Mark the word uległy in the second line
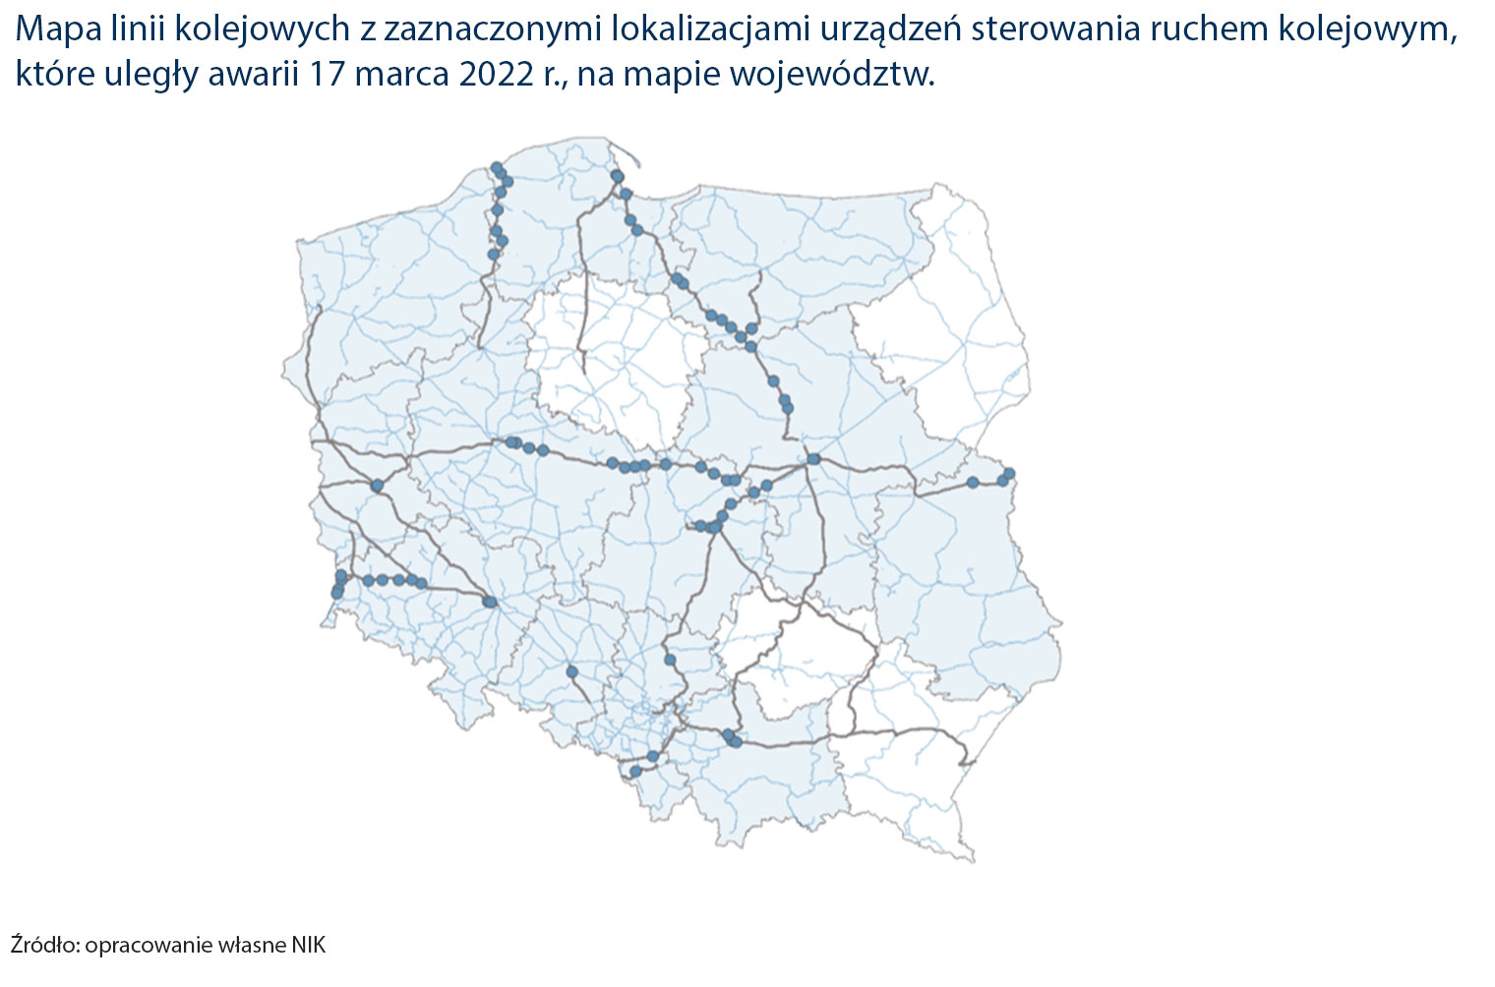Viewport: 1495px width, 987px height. tap(147, 76)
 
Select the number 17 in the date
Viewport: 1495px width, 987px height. tap(328, 76)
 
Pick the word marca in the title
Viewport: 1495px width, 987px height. tap(401, 76)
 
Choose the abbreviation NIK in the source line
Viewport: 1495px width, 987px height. tap(308, 946)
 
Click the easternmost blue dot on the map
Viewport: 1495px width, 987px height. tap(1008, 474)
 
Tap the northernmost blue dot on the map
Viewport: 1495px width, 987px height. tap(497, 167)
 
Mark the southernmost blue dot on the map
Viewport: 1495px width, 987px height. tap(635, 772)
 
